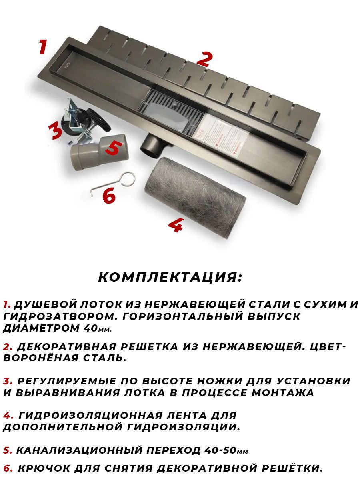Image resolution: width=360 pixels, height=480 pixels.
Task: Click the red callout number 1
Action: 43,47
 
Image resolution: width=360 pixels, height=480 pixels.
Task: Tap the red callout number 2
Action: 204,59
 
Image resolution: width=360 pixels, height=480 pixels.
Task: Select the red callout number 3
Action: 56,131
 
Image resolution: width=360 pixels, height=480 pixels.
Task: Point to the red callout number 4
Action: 176,225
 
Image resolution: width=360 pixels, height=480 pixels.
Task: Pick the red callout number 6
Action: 109,196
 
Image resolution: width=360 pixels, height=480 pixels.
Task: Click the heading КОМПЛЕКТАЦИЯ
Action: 170,277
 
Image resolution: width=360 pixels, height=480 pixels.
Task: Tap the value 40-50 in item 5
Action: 220,450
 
